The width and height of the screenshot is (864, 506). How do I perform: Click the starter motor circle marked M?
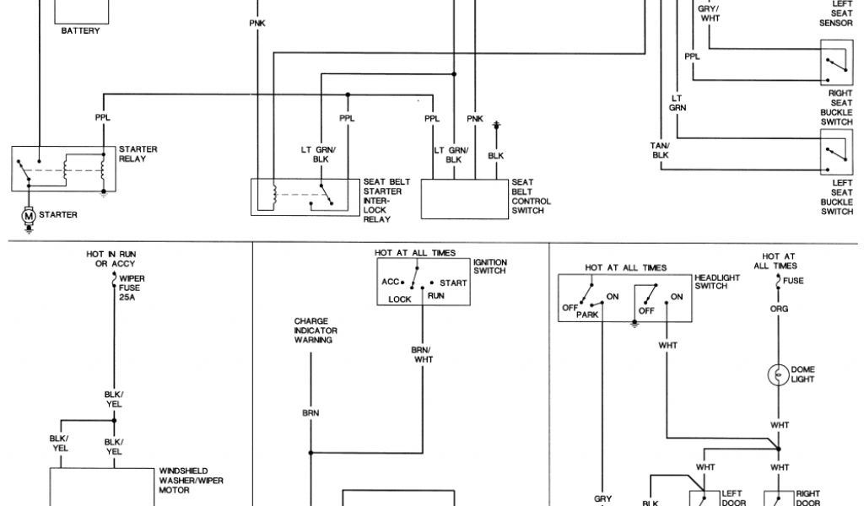[x=30, y=216]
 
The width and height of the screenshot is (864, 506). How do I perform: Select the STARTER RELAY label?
[x=138, y=154]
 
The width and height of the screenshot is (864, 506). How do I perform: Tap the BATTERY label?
[x=80, y=31]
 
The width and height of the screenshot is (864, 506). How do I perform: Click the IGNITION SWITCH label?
[x=489, y=266]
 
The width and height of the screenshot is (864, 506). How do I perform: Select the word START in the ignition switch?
[x=452, y=283]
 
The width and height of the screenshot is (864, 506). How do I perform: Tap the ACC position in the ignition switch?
[x=390, y=283]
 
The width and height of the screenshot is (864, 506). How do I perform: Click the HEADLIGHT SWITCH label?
[x=716, y=281]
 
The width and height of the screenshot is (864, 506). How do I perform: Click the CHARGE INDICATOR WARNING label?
[x=314, y=331]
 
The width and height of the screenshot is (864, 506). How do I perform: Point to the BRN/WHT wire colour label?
[x=423, y=354]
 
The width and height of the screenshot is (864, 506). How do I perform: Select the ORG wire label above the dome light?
[x=778, y=309]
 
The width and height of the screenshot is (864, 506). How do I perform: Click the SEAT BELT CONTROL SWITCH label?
[x=531, y=196]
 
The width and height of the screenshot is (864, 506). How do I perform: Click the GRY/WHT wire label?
[x=709, y=13]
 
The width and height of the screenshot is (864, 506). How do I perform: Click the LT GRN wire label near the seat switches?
[x=678, y=102]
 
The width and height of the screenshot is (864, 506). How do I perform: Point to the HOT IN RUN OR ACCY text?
[x=111, y=258]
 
